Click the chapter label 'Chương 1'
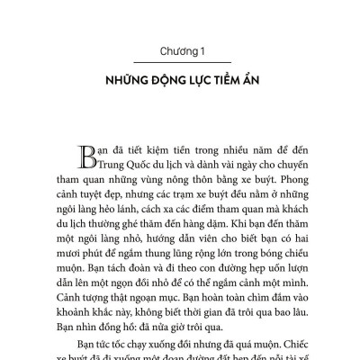[x=180, y=49]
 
